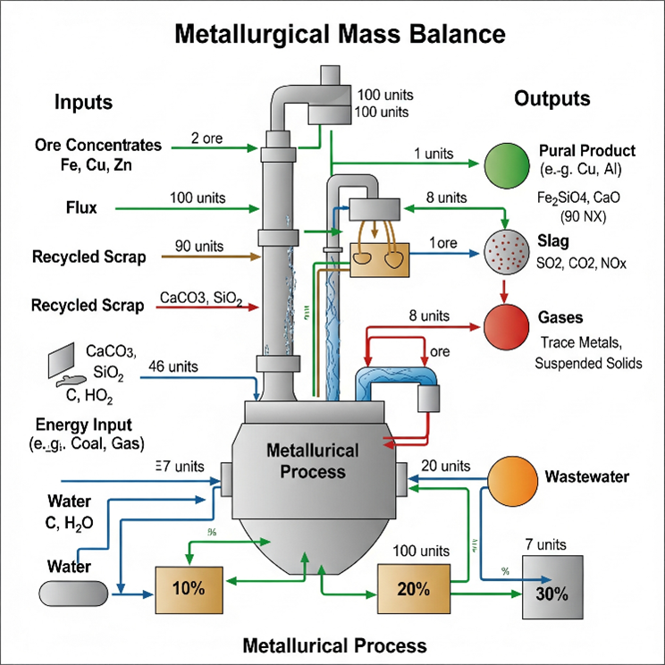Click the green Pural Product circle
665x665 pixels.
pyautogui.click(x=506, y=165)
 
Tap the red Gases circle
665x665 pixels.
pyautogui.click(x=506, y=325)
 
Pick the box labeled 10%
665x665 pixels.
pyautogui.click(x=189, y=589)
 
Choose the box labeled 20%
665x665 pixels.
pyautogui.click(x=412, y=589)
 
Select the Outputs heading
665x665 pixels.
pyautogui.click(x=551, y=98)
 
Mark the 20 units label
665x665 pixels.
pyautogui.click(x=444, y=466)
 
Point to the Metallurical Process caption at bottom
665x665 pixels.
pyautogui.click(x=335, y=645)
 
